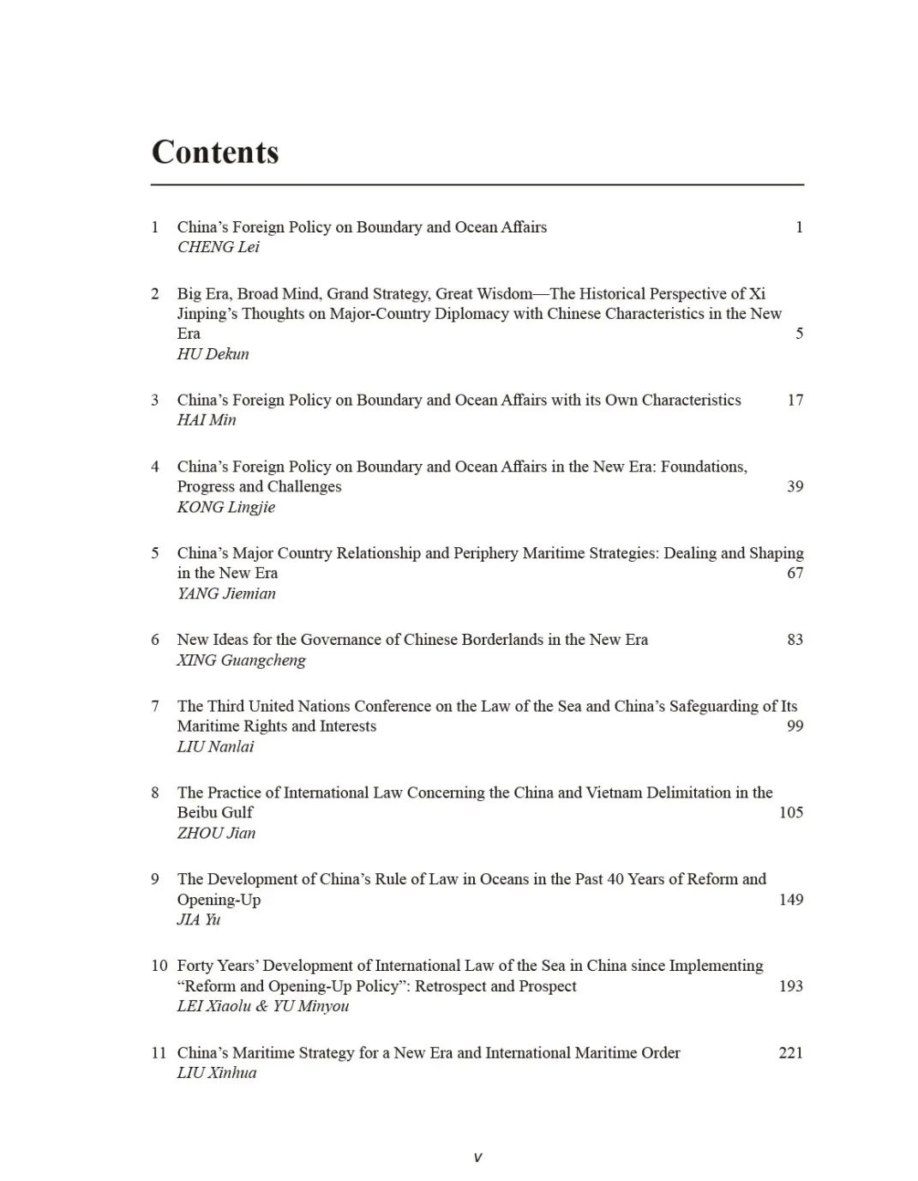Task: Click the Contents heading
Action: [215, 152]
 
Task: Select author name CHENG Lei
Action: [218, 247]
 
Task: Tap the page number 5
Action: [799, 334]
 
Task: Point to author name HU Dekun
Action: [213, 354]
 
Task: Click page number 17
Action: [795, 400]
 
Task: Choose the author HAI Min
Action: [206, 420]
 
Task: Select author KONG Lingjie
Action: [226, 507]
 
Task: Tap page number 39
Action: [795, 486]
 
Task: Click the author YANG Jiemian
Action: [226, 594]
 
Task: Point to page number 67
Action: [795, 573]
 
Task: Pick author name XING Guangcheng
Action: [241, 660]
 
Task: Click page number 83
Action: [795, 640]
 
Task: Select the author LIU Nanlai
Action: [215, 747]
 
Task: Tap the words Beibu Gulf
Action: [215, 812]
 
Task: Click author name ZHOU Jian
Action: [216, 833]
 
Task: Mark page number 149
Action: [790, 900]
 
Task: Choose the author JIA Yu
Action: [199, 919]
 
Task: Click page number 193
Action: [790, 986]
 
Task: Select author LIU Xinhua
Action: [217, 1073]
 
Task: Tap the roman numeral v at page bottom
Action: [477, 1157]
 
